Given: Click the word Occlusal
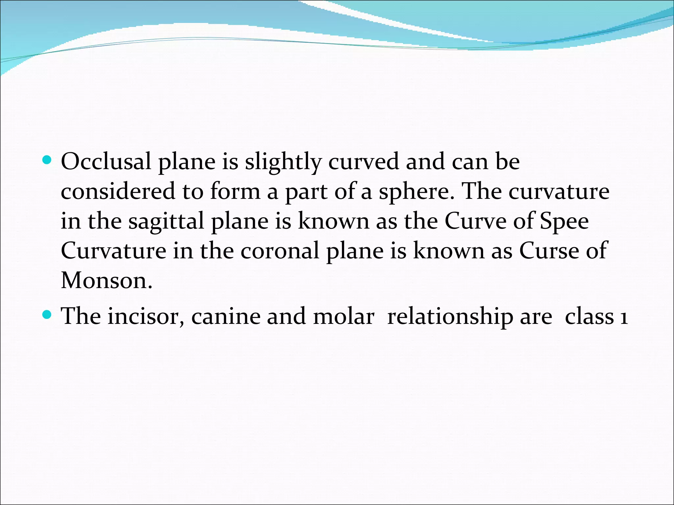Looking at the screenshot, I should click(106, 161).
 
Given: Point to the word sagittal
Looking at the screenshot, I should click(166, 221).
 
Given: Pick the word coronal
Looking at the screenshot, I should click(279, 251).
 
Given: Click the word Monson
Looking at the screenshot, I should click(106, 280).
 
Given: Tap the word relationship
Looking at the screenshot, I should click(450, 316).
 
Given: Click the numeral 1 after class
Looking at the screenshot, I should click(623, 317).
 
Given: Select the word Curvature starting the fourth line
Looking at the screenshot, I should click(114, 251).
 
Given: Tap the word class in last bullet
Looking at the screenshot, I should click(589, 316).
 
